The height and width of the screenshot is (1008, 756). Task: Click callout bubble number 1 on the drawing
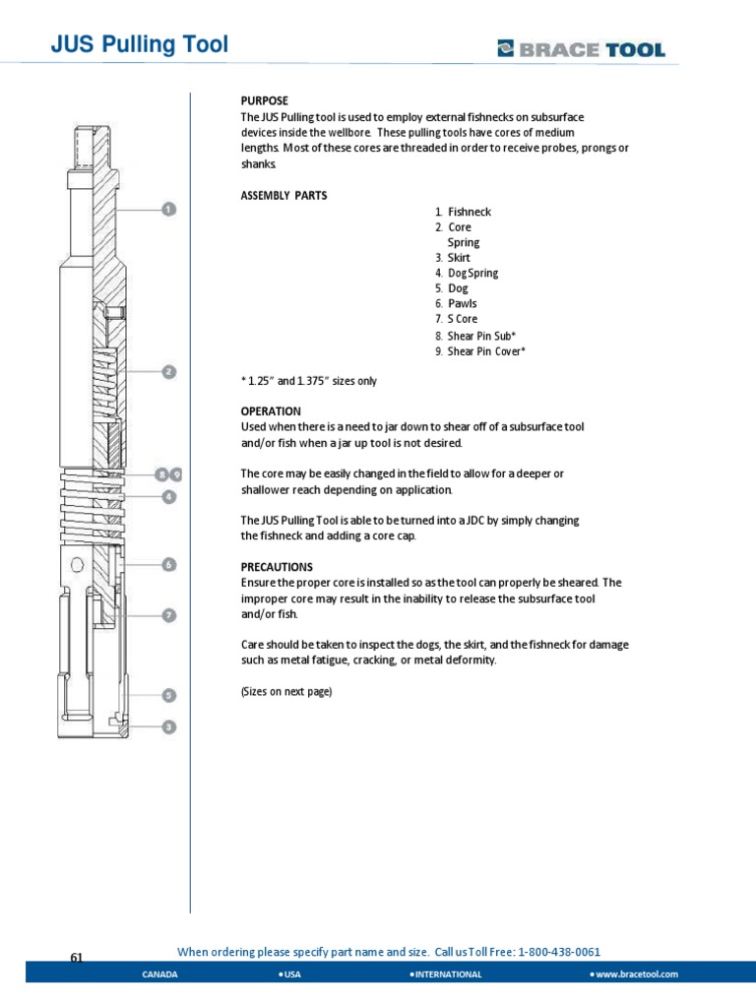click(168, 209)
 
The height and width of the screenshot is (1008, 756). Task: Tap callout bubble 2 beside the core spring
click(168, 372)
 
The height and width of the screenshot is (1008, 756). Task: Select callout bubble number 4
click(168, 497)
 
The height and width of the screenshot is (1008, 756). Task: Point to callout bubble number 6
click(168, 564)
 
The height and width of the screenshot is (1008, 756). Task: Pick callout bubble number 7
click(168, 615)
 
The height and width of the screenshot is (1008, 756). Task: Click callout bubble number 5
click(168, 695)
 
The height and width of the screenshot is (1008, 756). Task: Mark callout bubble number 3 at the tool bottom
click(168, 726)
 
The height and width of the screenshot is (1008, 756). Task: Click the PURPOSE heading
click(264, 101)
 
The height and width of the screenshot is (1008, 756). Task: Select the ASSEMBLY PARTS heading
click(283, 195)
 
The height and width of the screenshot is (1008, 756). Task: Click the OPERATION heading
click(271, 410)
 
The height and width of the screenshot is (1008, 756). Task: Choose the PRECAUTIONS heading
click(277, 567)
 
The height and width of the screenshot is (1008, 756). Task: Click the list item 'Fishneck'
click(469, 212)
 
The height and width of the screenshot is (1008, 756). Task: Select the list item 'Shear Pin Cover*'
click(486, 351)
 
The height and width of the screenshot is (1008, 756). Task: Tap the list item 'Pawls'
click(462, 304)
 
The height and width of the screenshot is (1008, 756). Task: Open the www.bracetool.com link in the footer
click(637, 974)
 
